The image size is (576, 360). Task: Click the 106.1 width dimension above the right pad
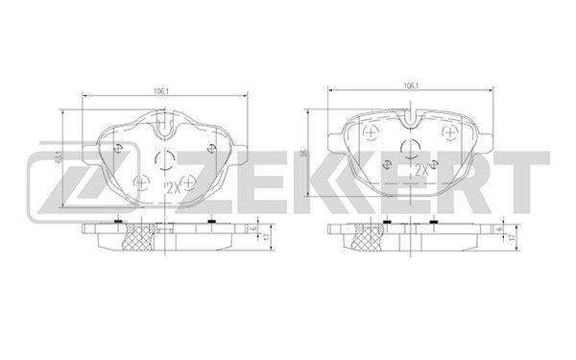tap(411, 85)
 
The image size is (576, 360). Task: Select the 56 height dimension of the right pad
tap(303, 154)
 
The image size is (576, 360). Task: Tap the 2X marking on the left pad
tap(174, 188)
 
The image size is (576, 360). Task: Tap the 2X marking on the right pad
tap(421, 170)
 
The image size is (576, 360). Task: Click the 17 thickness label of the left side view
tap(267, 236)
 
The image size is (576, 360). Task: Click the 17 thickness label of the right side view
tap(511, 237)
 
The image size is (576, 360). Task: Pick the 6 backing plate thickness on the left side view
tap(253, 228)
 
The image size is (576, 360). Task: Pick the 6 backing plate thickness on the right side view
tap(499, 228)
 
